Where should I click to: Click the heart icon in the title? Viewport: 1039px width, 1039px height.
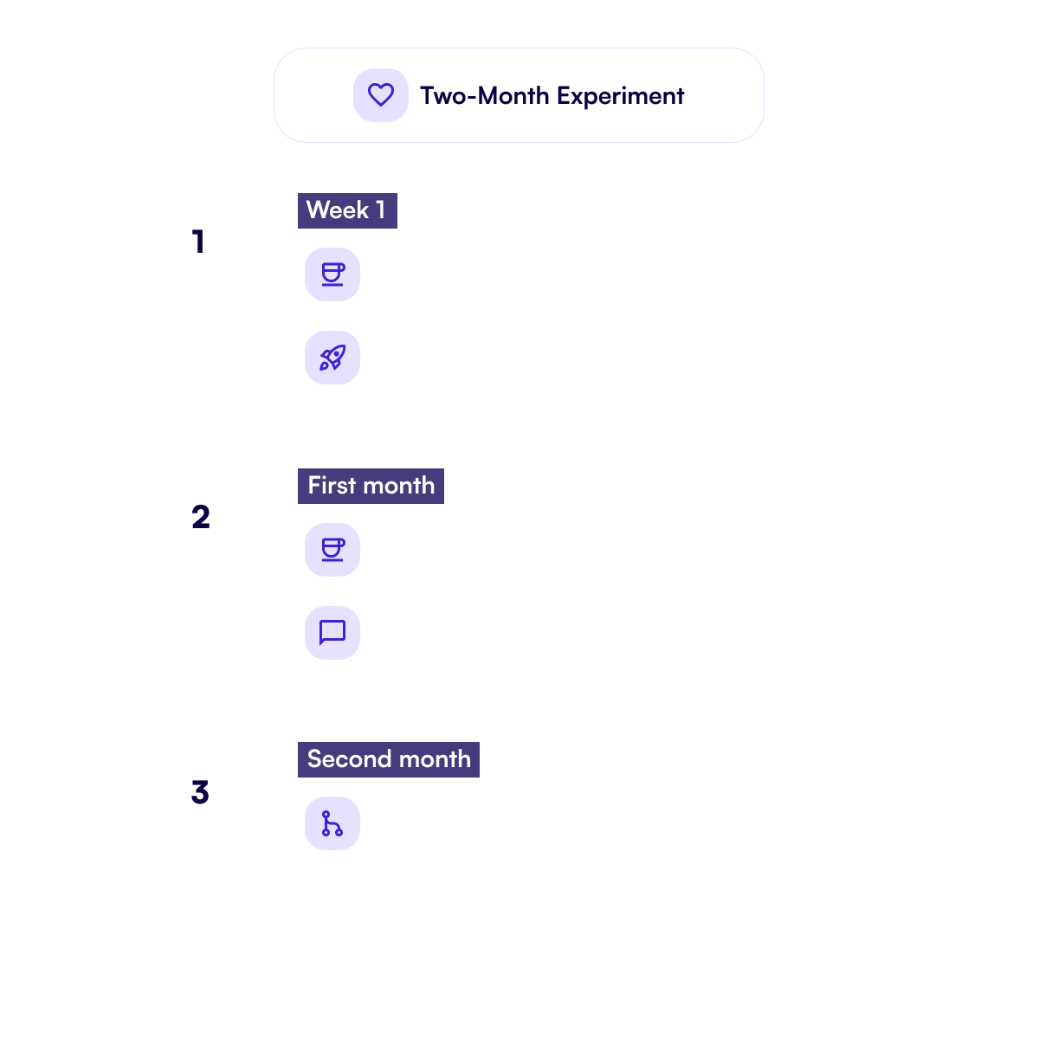click(x=381, y=95)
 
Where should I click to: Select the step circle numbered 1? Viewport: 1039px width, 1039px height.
click(x=198, y=242)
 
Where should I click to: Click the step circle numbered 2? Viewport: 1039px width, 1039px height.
click(x=198, y=517)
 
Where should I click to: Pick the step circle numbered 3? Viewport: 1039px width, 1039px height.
click(x=198, y=792)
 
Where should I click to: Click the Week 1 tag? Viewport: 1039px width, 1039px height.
click(x=347, y=210)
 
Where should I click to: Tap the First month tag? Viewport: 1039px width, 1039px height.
click(x=371, y=486)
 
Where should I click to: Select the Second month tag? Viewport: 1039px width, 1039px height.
click(x=389, y=759)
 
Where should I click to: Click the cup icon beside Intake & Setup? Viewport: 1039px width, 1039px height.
click(x=332, y=274)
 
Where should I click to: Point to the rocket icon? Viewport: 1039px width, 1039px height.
click(x=332, y=358)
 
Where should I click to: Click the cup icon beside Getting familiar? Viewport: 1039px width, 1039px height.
click(x=332, y=550)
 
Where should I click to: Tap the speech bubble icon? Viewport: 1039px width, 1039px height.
click(x=332, y=633)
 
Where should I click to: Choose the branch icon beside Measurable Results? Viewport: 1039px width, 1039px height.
click(x=332, y=823)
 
